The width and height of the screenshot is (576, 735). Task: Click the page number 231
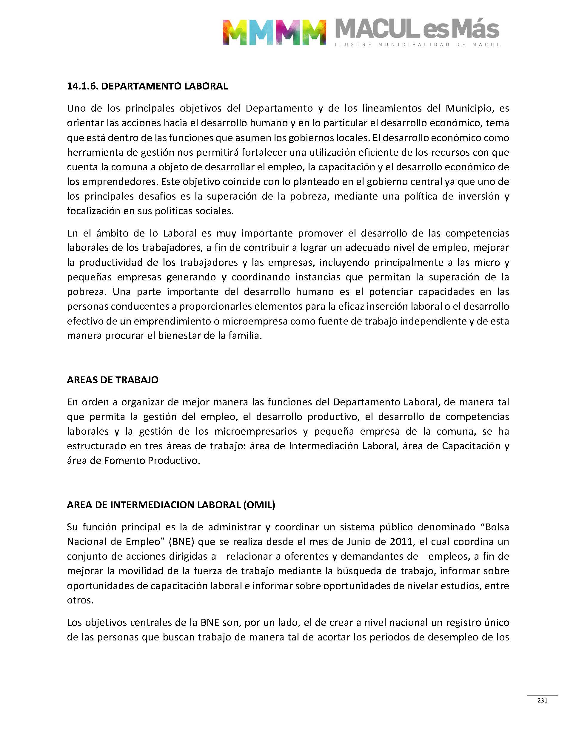coord(542,700)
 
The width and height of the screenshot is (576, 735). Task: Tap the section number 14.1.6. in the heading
coord(83,86)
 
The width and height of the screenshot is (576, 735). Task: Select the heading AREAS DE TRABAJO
coord(113,380)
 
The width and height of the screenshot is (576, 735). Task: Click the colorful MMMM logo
coord(274,32)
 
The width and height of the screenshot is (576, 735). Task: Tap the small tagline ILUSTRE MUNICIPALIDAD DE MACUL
coord(417,44)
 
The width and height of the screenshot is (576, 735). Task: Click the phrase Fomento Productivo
coord(152,461)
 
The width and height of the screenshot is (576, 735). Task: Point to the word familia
coord(244,336)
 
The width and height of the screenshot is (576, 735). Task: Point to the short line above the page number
coord(542,695)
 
